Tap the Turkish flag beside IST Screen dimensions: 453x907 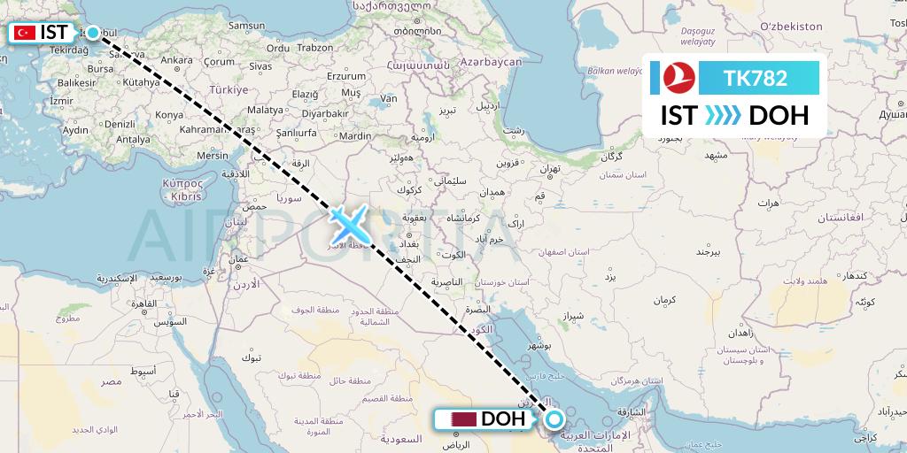point(25,33)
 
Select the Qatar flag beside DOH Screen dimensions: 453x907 point(464,419)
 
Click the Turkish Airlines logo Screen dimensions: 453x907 point(681,78)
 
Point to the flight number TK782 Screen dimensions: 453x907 point(756,78)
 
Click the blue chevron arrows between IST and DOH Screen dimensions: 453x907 point(723,116)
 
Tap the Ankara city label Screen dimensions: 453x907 point(176,60)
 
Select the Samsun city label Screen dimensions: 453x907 point(247,26)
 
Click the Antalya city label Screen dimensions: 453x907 point(133,139)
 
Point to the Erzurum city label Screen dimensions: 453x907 point(346,76)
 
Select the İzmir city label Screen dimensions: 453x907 point(62,101)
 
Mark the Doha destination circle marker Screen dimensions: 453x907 point(554,419)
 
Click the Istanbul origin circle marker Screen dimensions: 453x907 point(92,33)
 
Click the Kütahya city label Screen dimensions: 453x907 point(142,81)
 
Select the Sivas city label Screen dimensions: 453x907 point(260,65)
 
